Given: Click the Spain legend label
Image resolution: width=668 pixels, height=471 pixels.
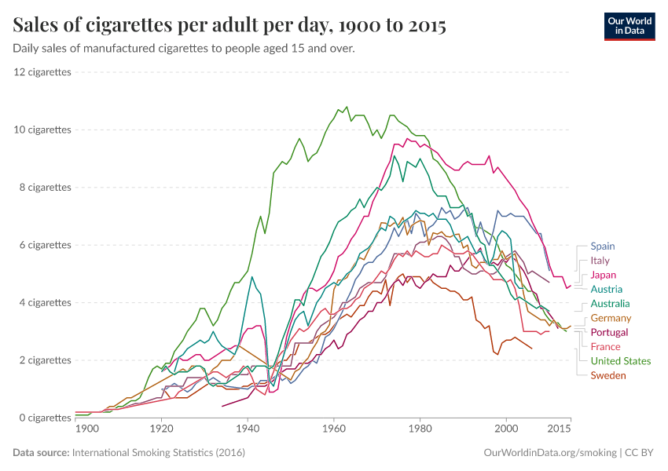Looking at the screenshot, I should (603, 246).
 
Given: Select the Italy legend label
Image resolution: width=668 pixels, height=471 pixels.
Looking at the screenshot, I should (600, 261).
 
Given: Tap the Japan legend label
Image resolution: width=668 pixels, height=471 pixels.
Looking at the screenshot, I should (603, 275).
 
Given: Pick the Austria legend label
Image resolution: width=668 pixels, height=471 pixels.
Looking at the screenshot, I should (606, 289).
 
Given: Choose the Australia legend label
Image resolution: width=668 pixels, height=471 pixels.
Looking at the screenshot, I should (610, 304).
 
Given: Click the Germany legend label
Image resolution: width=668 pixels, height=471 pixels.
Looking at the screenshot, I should (611, 318).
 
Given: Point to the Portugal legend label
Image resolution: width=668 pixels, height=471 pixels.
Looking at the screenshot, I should (609, 332).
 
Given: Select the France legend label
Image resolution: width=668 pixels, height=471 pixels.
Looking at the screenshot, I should (605, 347).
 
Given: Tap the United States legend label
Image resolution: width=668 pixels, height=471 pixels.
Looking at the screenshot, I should (621, 361).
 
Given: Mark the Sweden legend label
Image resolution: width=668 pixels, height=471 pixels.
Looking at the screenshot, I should (608, 375).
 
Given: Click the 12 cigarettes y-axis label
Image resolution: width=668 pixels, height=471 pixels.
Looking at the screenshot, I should (42, 72).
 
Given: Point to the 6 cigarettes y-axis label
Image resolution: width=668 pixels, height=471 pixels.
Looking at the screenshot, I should (46, 245).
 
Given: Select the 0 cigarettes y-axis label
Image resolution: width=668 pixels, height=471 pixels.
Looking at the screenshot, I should (46, 418).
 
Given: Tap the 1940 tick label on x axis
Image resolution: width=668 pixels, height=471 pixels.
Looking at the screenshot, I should (248, 429).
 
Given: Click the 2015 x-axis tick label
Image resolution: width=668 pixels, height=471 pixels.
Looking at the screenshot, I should (559, 429).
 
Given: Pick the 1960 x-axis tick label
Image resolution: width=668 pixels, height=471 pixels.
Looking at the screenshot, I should (334, 429).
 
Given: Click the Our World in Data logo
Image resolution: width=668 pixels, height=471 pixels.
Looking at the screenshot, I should (629, 26).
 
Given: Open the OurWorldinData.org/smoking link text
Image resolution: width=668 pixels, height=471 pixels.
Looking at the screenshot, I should (550, 453).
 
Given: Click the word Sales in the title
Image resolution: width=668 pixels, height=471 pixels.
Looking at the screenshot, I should (38, 26).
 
